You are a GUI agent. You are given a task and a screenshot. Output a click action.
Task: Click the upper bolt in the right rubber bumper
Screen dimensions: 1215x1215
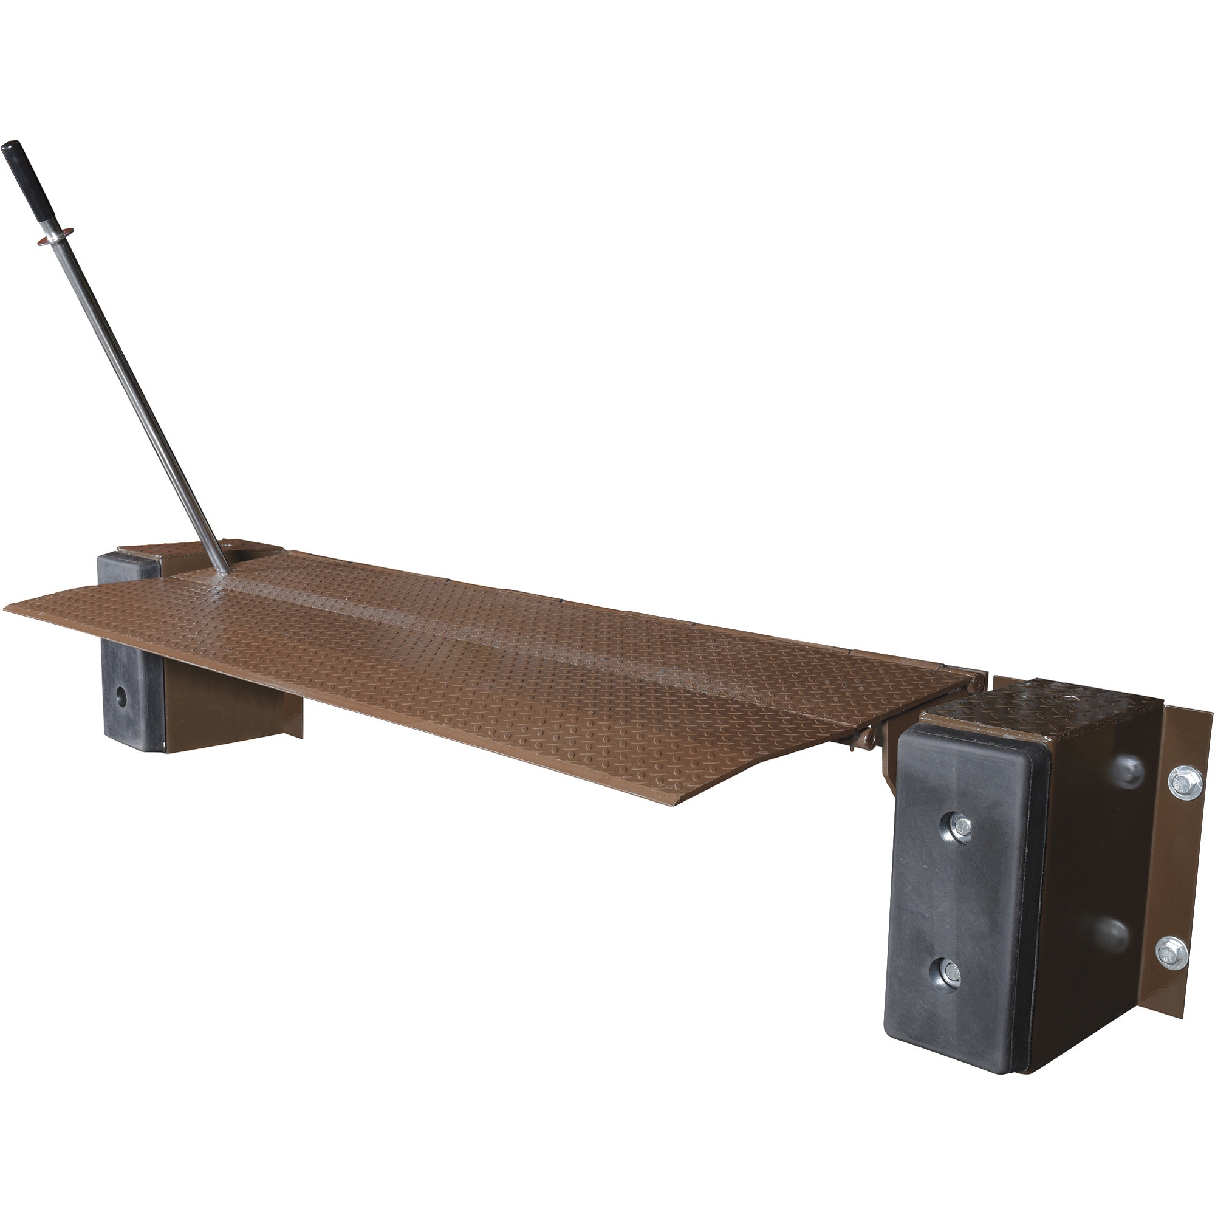click(x=960, y=828)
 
